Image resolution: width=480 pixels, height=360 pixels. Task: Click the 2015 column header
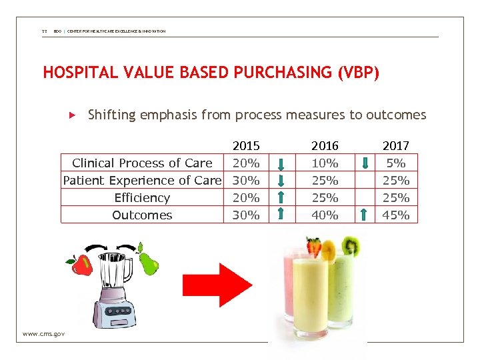[x=245, y=145]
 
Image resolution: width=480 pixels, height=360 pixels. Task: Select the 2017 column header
[x=395, y=145]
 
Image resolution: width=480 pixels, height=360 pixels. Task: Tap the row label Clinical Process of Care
[x=142, y=163]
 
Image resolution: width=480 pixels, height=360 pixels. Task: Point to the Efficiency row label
[x=142, y=197]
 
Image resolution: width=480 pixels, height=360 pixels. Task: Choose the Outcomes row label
[x=142, y=215]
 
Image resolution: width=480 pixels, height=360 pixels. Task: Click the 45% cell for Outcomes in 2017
[x=395, y=215]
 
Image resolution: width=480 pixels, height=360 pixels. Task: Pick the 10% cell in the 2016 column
[x=325, y=163]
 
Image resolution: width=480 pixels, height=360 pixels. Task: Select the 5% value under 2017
[x=395, y=163]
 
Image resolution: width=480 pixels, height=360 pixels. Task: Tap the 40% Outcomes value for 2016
[x=325, y=215]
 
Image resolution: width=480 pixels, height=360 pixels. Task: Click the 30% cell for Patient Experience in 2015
[x=245, y=180]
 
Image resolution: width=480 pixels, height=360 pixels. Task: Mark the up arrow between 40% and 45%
[x=363, y=214]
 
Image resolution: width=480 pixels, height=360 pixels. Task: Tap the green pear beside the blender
[x=150, y=263]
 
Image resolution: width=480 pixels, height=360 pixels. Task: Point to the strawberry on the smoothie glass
[x=313, y=247]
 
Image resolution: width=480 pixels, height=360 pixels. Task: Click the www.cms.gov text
[x=43, y=333]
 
